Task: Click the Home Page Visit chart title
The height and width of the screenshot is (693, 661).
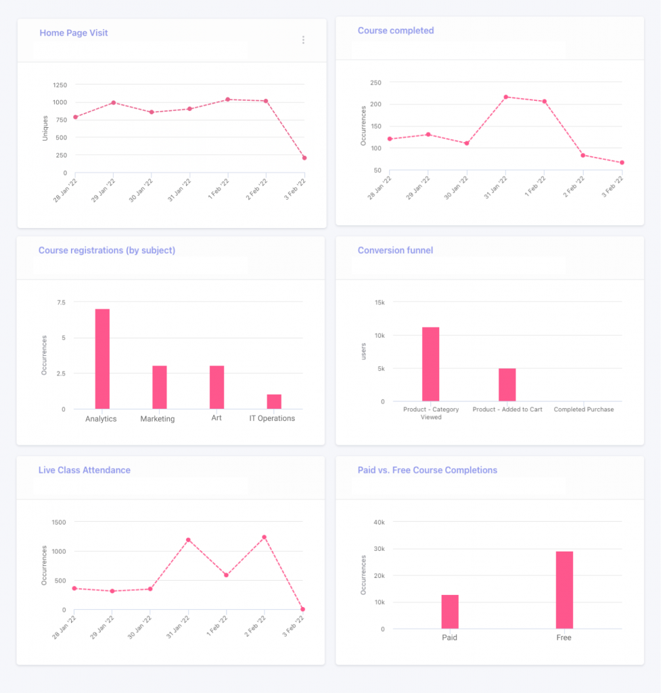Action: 73,32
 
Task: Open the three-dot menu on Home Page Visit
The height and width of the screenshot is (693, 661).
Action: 303,40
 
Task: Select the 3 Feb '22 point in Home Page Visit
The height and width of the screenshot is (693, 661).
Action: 304,158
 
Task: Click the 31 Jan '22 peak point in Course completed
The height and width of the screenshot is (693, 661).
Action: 505,97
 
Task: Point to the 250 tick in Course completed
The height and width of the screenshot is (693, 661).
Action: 375,83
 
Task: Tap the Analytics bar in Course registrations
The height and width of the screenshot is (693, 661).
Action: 102,359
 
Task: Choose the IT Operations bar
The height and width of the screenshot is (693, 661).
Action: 274,401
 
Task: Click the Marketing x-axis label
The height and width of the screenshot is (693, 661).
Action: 157,419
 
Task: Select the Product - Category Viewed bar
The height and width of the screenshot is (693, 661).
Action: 431,364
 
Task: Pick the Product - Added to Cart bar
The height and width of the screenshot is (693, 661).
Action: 507,384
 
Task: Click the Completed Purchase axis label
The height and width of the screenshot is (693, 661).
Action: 583,409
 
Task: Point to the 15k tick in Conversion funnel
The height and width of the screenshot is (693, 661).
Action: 379,302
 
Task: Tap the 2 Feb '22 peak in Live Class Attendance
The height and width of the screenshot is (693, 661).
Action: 265,537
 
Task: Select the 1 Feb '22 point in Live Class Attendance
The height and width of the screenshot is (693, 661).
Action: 226,575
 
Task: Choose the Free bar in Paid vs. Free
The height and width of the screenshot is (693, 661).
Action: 564,590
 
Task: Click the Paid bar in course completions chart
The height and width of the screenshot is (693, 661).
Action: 450,612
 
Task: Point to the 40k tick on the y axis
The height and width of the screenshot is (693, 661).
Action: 379,522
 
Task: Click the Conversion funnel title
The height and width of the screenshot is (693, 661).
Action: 395,250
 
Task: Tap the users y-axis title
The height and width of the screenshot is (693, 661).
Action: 363,351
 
